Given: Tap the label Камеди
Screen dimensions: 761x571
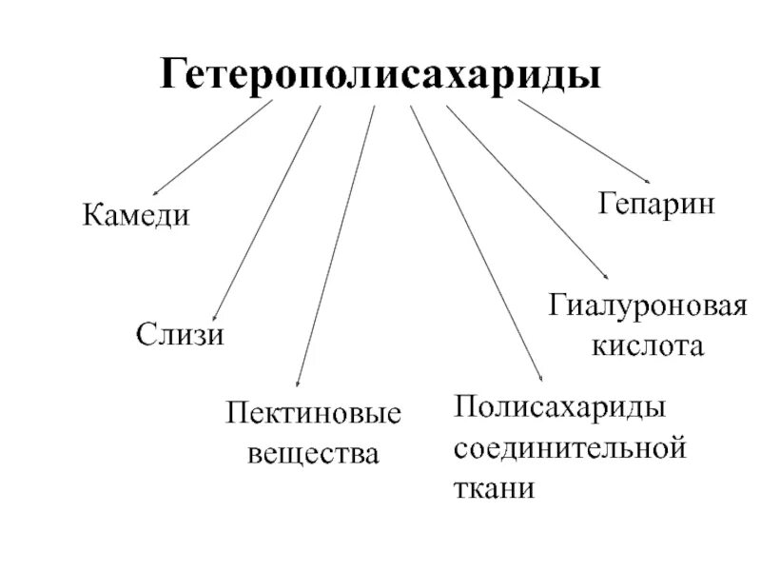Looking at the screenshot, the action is coord(136,214).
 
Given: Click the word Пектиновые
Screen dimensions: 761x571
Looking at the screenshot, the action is coord(313,414).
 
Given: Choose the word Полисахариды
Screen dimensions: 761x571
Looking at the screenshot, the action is coord(557,406).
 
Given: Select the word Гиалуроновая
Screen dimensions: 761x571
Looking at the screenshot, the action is coord(648,306).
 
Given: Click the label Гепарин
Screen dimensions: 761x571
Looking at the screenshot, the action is coord(655,204).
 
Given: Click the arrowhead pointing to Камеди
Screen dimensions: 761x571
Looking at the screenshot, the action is coord(156,193).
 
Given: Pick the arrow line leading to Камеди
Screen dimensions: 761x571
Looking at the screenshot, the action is coord(214,147).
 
